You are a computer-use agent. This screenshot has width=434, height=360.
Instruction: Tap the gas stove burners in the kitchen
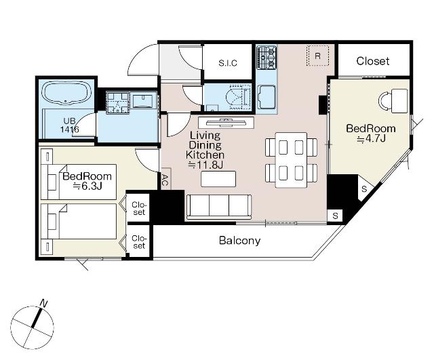267,58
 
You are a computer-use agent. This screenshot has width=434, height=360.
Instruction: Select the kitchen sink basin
267,97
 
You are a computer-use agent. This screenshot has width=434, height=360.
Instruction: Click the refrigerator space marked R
318,56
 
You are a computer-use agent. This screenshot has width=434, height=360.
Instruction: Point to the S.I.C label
228,63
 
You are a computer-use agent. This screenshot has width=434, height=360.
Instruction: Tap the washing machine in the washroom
118,102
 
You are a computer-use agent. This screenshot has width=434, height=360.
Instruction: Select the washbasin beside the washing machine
143,101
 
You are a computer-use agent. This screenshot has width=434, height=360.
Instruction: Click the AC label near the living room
164,180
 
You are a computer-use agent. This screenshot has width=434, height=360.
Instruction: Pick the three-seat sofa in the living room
219,207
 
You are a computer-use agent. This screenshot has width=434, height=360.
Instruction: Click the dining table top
291,160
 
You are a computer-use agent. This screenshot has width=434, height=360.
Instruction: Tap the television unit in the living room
226,122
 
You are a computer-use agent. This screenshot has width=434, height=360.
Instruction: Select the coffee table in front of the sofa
218,179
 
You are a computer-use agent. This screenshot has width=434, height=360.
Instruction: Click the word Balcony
239,241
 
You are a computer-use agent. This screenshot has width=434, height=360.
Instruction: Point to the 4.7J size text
371,138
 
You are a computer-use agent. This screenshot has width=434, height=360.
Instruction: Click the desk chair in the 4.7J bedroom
384,101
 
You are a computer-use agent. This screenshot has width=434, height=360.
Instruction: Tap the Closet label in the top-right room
373,61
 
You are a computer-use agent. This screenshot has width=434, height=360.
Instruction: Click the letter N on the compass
43,303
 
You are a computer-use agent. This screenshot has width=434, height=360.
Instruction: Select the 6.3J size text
87,186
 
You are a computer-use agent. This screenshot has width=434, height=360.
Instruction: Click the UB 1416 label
69,125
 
